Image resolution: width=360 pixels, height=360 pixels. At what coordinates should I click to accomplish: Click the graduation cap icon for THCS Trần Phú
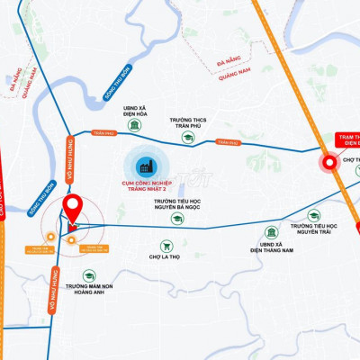pyautogui.click(x=188, y=138)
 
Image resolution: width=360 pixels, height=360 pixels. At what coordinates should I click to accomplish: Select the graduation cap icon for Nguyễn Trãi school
pyautogui.click(x=314, y=216)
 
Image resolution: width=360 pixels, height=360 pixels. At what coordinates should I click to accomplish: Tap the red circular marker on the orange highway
pyautogui.click(x=329, y=163)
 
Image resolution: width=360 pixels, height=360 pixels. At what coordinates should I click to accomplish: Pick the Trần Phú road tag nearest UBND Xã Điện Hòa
pyautogui.click(x=104, y=133)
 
